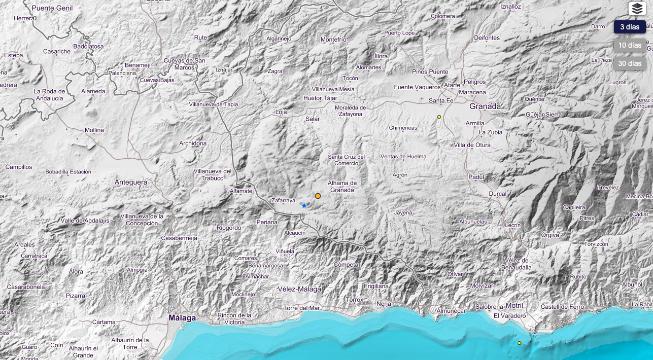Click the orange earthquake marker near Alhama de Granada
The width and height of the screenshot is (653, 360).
coord(318,196)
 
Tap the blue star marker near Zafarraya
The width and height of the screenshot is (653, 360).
coord(304,205)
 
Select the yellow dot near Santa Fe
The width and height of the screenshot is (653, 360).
coord(439,117)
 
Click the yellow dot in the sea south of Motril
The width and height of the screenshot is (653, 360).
coord(519,343)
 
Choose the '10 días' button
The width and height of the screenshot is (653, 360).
coord(630,45)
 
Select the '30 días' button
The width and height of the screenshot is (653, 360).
coord(630,63)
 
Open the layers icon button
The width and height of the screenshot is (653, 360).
coord(637,9)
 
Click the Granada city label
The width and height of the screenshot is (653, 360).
coord(485,106)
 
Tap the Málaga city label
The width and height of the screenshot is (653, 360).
coord(182,318)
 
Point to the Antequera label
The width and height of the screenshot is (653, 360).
coord(130,182)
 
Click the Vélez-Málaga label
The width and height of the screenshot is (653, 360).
coord(299,289)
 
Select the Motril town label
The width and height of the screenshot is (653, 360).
coord(514,305)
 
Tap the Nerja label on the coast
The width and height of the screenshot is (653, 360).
coord(384,304)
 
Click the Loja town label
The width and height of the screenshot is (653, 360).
coord(281,112)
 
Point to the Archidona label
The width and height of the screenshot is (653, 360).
coord(193,143)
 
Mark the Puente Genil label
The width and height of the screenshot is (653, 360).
coord(52,8)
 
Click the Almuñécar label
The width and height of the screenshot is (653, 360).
coord(451,310)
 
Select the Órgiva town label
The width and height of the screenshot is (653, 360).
coord(550,235)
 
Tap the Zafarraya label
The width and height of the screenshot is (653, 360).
coord(283,201)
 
